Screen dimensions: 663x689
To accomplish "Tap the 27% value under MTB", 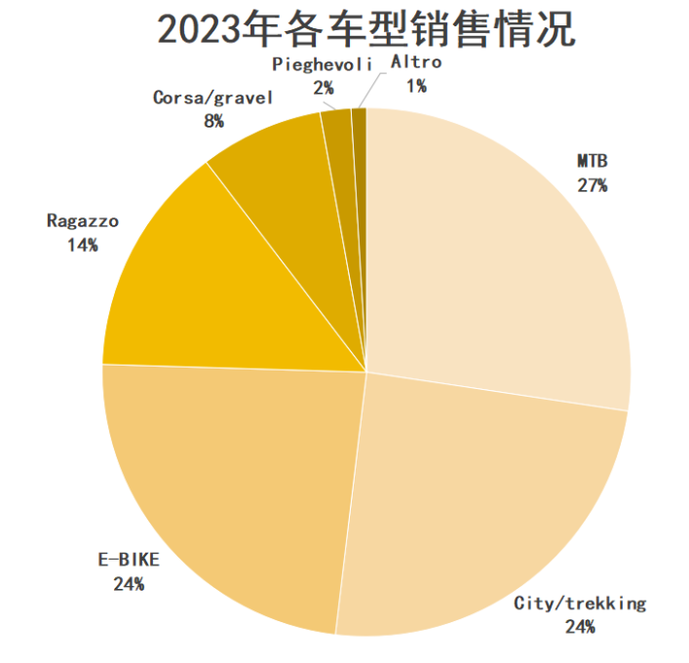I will click(x=592, y=185).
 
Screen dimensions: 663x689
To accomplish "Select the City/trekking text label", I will click(x=579, y=604).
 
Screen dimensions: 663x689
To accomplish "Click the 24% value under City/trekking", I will click(x=579, y=627).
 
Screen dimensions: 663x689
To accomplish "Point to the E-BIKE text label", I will click(x=128, y=561).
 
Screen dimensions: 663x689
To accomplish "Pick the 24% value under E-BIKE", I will click(x=128, y=584).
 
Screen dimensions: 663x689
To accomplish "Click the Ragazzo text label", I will click(x=83, y=221).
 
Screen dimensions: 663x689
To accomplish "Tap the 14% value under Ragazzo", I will click(x=83, y=245).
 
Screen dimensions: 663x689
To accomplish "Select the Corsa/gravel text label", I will click(x=213, y=97).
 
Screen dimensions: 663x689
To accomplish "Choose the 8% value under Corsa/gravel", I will click(x=213, y=121).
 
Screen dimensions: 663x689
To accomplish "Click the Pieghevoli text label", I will click(x=322, y=63).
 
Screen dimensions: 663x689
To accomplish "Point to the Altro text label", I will click(x=416, y=62).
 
